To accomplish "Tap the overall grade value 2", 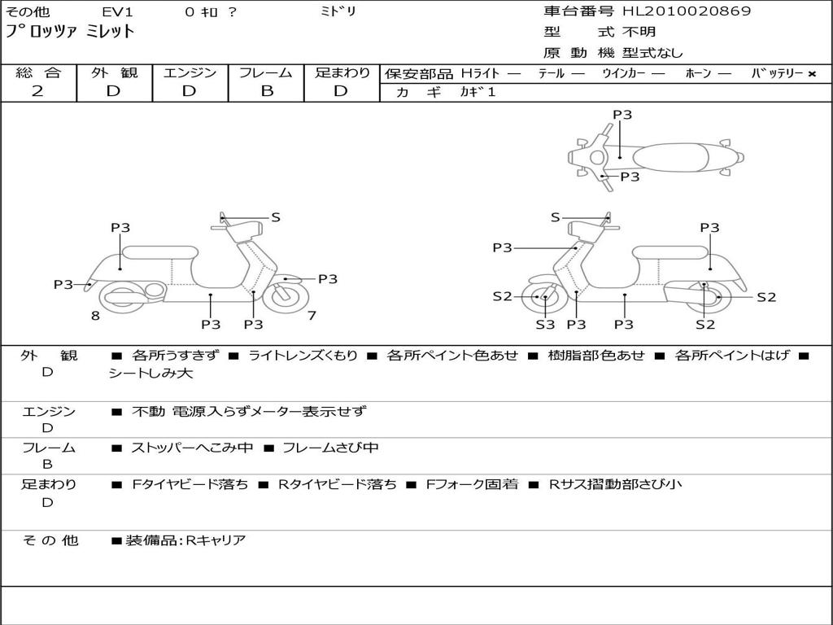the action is tap(37, 91).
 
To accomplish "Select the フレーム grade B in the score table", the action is tap(267, 91).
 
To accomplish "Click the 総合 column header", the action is tap(39, 72).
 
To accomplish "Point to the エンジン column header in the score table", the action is tap(190, 72).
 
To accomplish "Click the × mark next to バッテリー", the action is tap(811, 74).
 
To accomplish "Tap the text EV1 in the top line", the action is tap(117, 11).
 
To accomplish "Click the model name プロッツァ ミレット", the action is tap(70, 32).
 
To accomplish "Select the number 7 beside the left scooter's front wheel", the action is tap(312, 316).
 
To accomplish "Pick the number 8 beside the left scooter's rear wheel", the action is tap(95, 316).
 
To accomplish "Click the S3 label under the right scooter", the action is tap(545, 324).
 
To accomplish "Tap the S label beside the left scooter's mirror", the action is tap(276, 216).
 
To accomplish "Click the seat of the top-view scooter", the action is tap(670, 158).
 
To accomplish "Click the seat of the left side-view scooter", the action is tap(160, 252).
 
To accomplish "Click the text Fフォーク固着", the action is tap(472, 484).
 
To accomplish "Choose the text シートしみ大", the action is tap(150, 373).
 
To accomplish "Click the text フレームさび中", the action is tap(330, 448).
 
